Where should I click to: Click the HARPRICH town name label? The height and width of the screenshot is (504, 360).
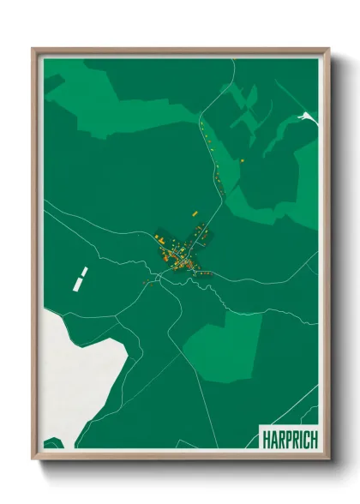click(x=287, y=439)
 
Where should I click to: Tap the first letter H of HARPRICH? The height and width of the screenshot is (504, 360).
click(x=264, y=439)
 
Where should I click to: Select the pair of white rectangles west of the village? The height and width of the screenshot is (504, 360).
click(x=82, y=276)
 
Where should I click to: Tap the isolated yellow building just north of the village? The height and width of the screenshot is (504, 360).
click(x=194, y=210)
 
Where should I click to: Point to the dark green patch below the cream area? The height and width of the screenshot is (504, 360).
click(x=53, y=443)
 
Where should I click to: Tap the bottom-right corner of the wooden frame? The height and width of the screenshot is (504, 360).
click(x=327, y=459)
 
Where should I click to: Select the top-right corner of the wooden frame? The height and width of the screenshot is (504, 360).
click(x=327, y=49)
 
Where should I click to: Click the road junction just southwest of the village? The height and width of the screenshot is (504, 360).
click(x=157, y=278)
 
